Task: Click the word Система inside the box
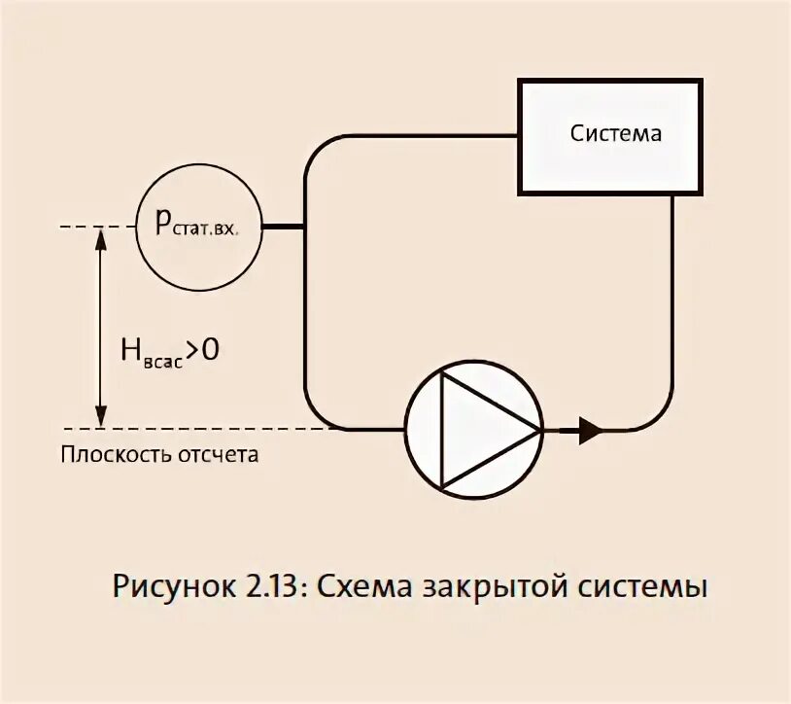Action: (x=615, y=133)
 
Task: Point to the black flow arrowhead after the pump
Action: (x=590, y=429)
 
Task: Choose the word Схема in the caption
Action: (x=364, y=588)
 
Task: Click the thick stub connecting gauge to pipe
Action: (x=285, y=228)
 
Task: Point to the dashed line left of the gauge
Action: (x=97, y=228)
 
